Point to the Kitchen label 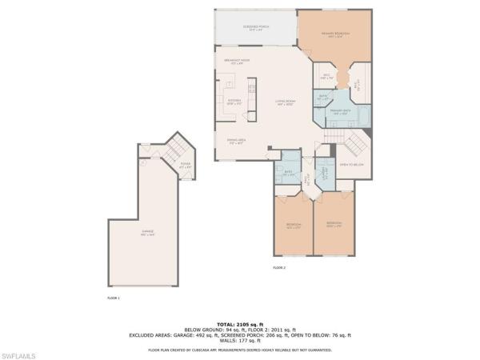234,102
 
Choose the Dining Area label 235,141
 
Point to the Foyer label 185,166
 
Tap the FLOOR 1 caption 113,298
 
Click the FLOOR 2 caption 278,267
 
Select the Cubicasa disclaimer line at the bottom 240,350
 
